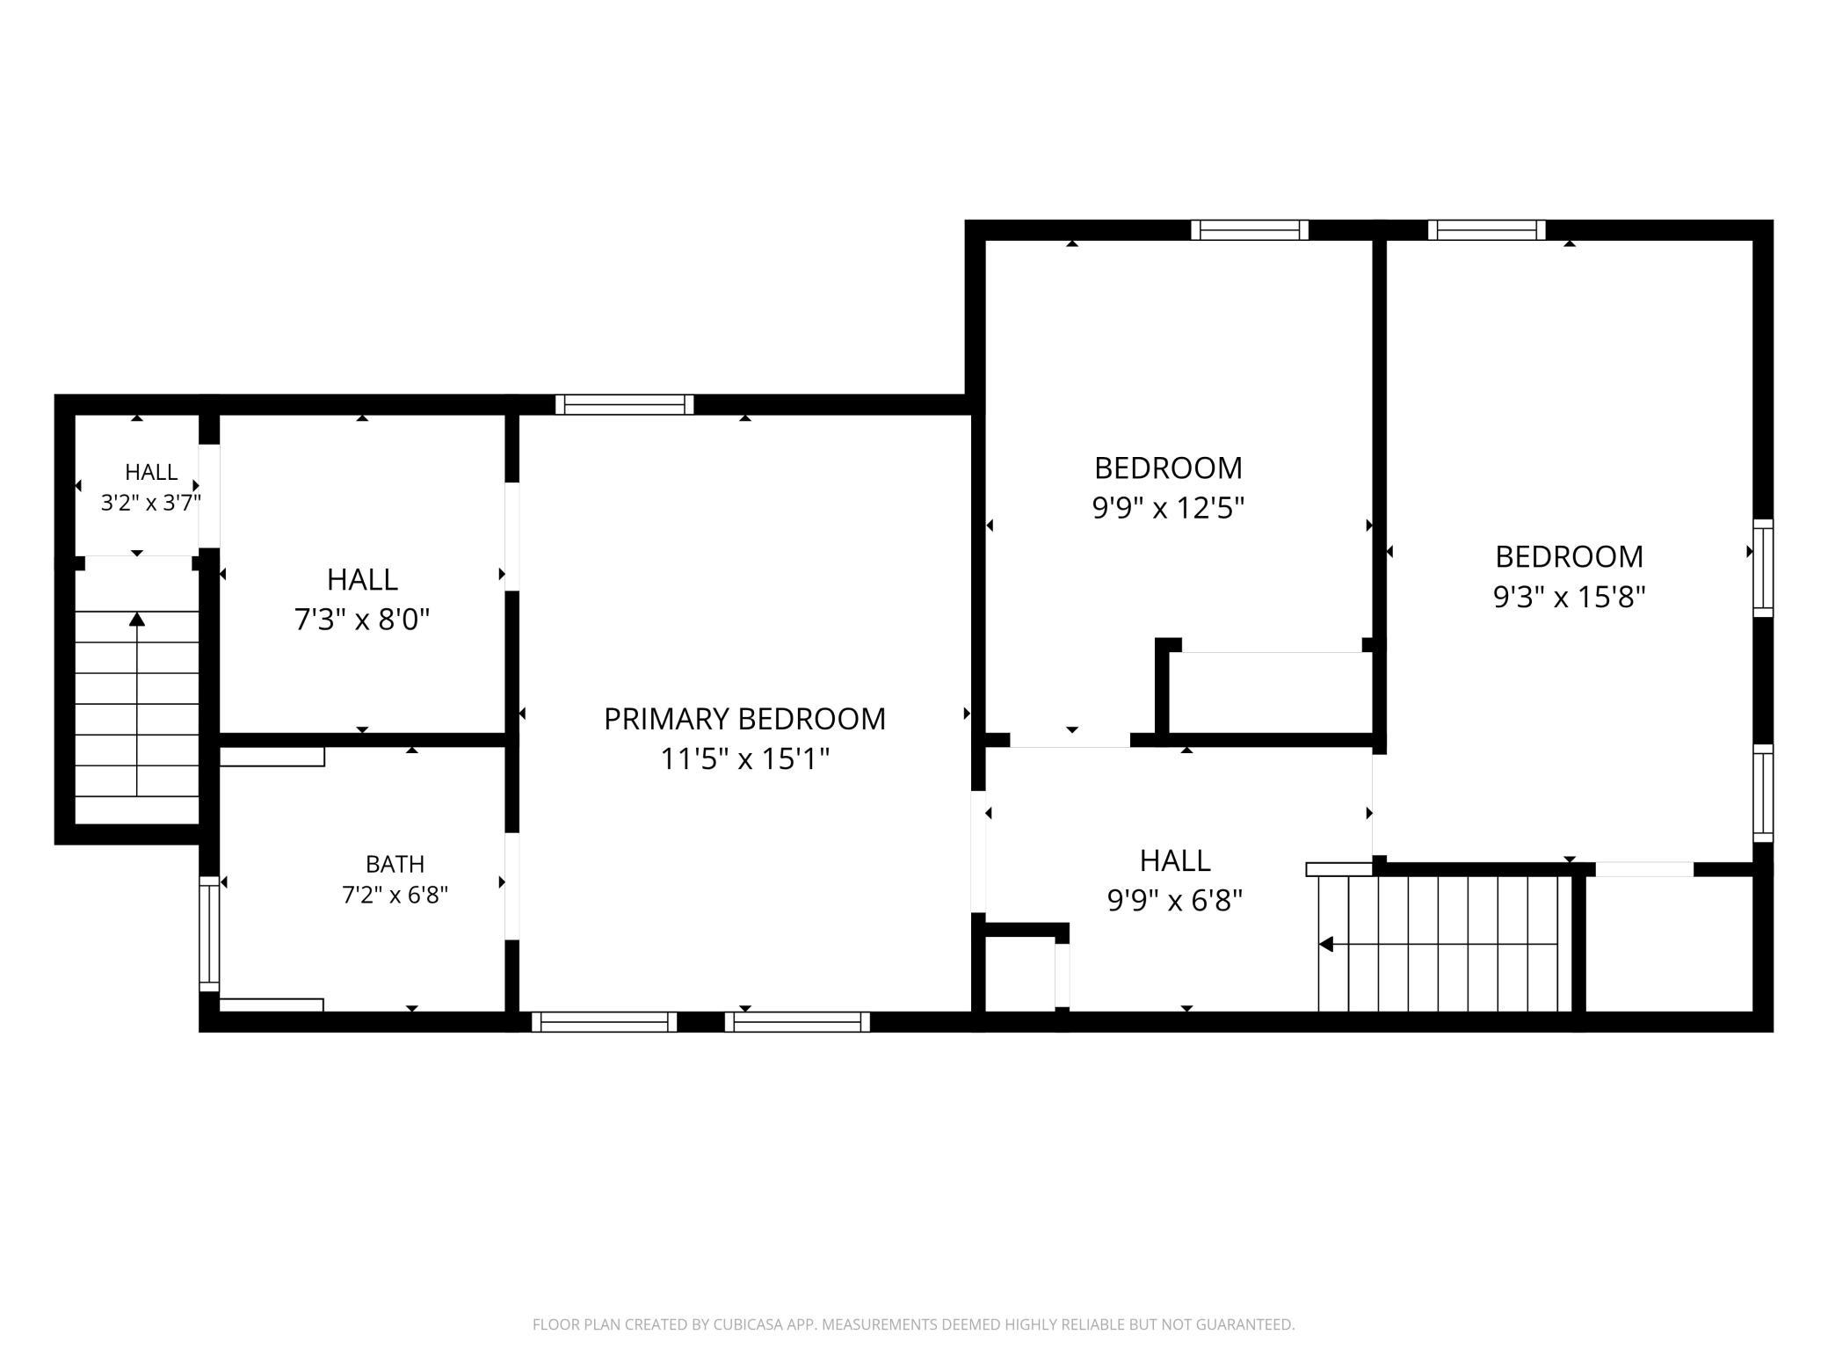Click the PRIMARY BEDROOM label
coord(744,719)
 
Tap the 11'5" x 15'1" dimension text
coord(744,758)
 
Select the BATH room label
coord(395,864)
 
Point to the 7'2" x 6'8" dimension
coord(395,895)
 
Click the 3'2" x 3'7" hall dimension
coord(151,503)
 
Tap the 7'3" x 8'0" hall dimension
coord(362,620)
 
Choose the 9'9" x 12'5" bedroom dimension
coord(1168,508)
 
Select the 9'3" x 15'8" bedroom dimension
coord(1569,597)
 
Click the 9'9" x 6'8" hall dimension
coord(1175,900)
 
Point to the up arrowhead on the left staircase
coord(136,619)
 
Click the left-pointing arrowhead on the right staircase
coord(1326,944)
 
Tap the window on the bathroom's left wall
coord(209,933)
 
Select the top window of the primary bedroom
coord(625,404)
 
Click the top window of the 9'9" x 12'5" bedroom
coord(1250,229)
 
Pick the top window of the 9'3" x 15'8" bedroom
coord(1486,229)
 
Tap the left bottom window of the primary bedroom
coord(604,1021)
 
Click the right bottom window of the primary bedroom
coord(797,1021)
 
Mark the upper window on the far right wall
coord(1763,568)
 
